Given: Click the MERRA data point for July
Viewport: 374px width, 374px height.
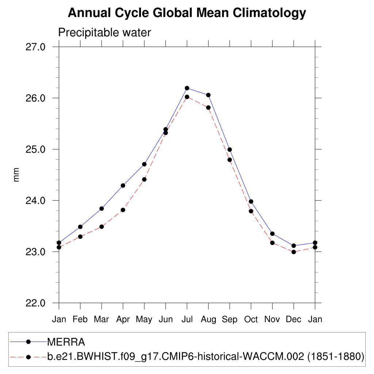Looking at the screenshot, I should tap(187, 88).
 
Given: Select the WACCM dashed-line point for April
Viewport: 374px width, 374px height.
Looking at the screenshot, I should tap(123, 210).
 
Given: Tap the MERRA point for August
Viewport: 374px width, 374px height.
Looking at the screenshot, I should tap(208, 95).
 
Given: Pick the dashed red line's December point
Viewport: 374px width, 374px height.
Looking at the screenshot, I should tap(294, 252).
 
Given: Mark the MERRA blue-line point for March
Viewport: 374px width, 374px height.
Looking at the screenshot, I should tap(102, 209).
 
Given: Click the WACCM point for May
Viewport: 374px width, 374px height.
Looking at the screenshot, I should tap(144, 179).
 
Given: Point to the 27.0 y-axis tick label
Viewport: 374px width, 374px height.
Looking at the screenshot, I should tap(36, 47).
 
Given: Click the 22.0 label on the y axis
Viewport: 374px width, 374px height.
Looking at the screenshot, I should tap(36, 303).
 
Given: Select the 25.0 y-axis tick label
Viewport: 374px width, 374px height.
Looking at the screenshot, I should tap(36, 149).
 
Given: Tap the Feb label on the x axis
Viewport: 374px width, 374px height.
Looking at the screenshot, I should tap(80, 320).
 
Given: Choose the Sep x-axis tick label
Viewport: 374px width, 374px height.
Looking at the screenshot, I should tap(229, 320).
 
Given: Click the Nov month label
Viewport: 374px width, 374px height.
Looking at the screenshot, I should tap(272, 320).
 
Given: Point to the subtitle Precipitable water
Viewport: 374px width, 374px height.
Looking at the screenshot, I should tap(104, 33).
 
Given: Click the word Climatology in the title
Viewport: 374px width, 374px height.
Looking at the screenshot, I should tap(269, 13).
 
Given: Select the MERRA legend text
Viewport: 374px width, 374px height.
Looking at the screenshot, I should tap(66, 342).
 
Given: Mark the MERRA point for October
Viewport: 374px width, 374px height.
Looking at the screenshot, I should tap(251, 202).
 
